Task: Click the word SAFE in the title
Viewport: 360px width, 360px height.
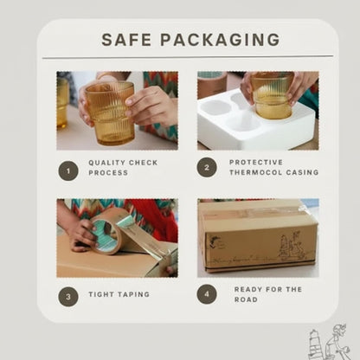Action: pyautogui.click(x=126, y=40)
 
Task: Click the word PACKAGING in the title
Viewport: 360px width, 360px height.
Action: pyautogui.click(x=220, y=40)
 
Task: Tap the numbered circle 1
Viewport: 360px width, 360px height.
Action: pyautogui.click(x=68, y=170)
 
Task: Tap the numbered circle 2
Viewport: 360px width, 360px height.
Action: pyautogui.click(x=207, y=167)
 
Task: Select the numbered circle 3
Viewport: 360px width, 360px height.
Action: pyautogui.click(x=68, y=296)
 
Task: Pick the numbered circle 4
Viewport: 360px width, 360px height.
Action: pyautogui.click(x=207, y=294)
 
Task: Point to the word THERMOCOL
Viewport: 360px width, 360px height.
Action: pyautogui.click(x=255, y=172)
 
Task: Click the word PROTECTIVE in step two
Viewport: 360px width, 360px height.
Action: pyautogui.click(x=256, y=163)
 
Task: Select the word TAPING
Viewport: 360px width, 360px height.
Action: pyautogui.click(x=133, y=294)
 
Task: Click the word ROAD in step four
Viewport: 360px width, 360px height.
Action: pyautogui.click(x=246, y=299)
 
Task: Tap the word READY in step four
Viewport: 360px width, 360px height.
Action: pyautogui.click(x=247, y=289)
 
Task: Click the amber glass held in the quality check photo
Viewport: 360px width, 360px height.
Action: pyautogui.click(x=110, y=113)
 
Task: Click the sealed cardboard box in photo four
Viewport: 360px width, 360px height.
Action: pyautogui.click(x=258, y=236)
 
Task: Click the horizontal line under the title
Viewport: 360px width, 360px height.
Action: pyautogui.click(x=188, y=57)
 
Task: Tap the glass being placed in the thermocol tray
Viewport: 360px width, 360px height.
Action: pyautogui.click(x=272, y=95)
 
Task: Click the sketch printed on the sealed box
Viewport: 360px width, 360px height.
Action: pyautogui.click(x=292, y=244)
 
